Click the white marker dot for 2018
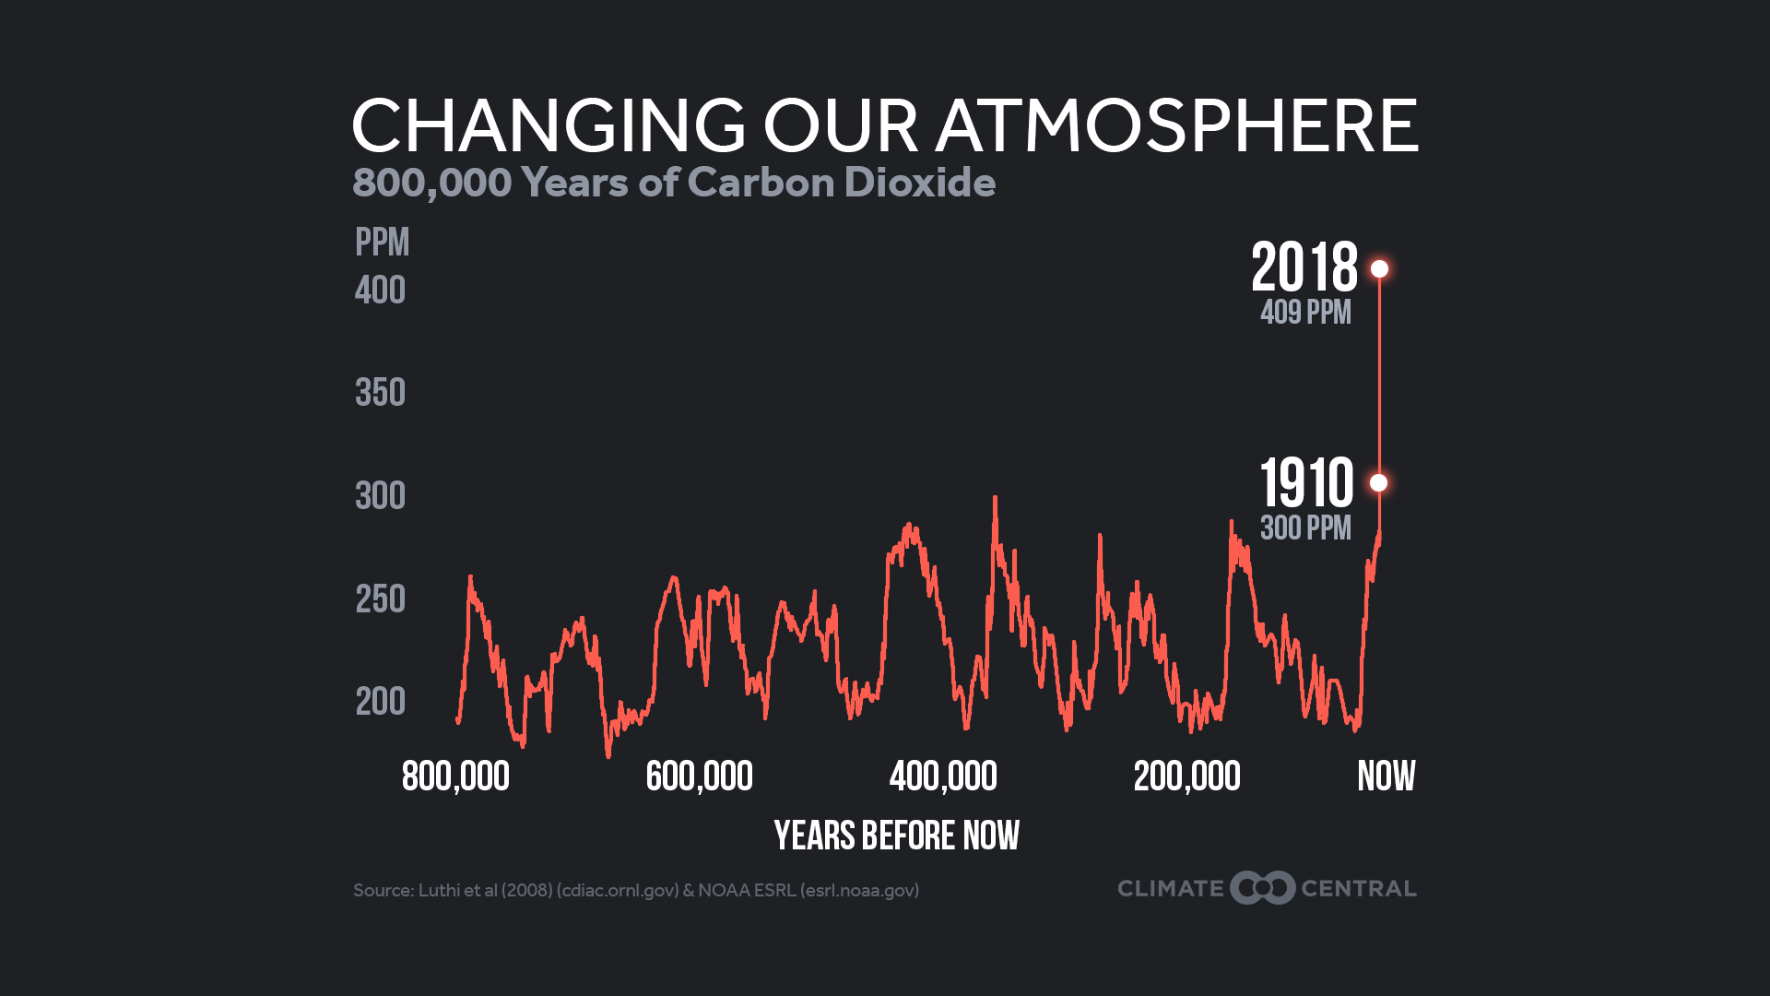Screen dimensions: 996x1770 pyautogui.click(x=1379, y=268)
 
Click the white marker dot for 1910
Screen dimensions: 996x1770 pyautogui.click(x=1378, y=482)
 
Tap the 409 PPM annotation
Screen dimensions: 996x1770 pyautogui.click(x=1305, y=313)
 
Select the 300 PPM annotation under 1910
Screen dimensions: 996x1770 pyautogui.click(x=1305, y=528)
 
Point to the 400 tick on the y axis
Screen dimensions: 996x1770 pyautogui.click(x=380, y=291)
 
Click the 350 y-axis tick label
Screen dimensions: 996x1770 pyautogui.click(x=380, y=394)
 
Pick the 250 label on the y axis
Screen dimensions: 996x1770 pyautogui.click(x=380, y=600)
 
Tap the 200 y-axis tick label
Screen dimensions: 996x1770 pyautogui.click(x=380, y=703)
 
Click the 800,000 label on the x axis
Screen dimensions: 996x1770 pyautogui.click(x=455, y=777)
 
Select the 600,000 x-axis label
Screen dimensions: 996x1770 pyautogui.click(x=699, y=777)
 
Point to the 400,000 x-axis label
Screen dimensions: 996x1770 pyautogui.click(x=943, y=777)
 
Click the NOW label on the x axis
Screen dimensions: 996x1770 pyautogui.click(x=1386, y=777)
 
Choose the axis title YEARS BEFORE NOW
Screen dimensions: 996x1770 pyautogui.click(x=896, y=836)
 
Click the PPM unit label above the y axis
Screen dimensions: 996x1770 pyautogui.click(x=382, y=243)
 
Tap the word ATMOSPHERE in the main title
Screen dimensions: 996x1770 pyautogui.click(x=1176, y=125)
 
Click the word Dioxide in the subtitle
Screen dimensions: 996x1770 pyautogui.click(x=919, y=183)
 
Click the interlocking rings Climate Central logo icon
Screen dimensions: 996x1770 pyautogui.click(x=1262, y=888)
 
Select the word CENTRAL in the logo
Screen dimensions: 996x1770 pyautogui.click(x=1358, y=889)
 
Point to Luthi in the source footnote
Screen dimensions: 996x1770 pyautogui.click(x=438, y=890)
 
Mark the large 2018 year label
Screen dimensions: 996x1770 pyautogui.click(x=1304, y=267)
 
